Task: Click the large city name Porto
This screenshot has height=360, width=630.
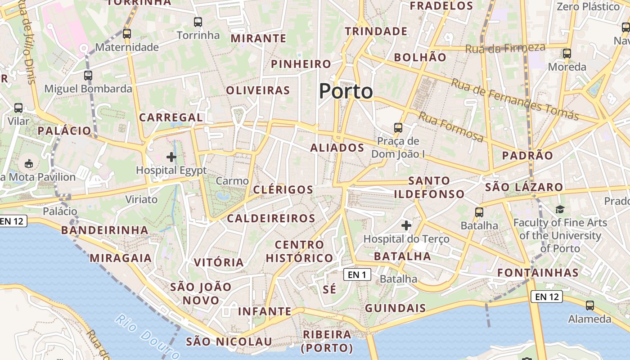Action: [346, 91]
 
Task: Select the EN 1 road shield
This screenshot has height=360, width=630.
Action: [357, 274]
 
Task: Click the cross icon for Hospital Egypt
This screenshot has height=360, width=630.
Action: [171, 157]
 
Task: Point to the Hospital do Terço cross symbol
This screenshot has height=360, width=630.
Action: [406, 225]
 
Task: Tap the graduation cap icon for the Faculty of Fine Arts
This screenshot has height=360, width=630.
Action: [560, 209]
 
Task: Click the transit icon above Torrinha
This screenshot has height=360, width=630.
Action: [198, 22]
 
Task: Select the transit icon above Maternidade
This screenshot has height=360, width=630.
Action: [127, 33]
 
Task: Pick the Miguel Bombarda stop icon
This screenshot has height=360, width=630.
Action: [88, 75]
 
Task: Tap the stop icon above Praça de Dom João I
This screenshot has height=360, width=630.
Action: [398, 127]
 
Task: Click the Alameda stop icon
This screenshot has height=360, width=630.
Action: [589, 306]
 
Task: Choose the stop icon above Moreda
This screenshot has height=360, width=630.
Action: [567, 54]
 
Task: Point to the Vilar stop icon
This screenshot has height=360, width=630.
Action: [18, 108]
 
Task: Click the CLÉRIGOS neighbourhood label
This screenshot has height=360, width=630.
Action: [283, 189]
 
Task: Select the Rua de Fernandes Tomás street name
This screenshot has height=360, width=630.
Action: [515, 99]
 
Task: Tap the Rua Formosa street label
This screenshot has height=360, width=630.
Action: [451, 126]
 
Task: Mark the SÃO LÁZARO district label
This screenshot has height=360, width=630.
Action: [524, 187]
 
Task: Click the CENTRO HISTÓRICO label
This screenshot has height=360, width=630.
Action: [299, 252]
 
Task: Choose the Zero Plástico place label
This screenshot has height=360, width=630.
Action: [588, 7]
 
